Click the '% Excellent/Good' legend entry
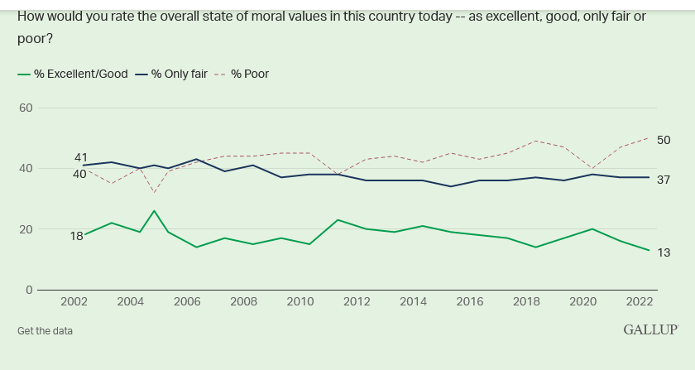pos(80,74)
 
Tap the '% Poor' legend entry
pos(249,74)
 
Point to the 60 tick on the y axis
pos(26,108)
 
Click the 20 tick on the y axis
pos(26,229)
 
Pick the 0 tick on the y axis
pos(28,290)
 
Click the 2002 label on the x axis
pos(74,301)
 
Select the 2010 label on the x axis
pos(300,301)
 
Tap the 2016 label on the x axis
pos(469,301)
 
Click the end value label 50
pos(664,140)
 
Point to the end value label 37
pos(664,180)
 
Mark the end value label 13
pos(664,252)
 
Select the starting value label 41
pos(81,157)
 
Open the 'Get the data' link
pos(45,331)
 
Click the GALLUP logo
pos(650,330)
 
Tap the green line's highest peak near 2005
pos(154,210)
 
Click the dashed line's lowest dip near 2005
pos(154,193)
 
